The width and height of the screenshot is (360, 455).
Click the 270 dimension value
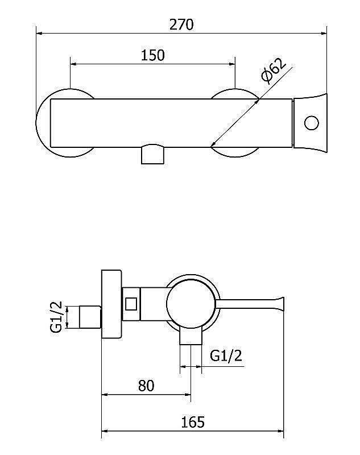pos(181,24)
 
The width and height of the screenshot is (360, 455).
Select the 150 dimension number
pos(152,55)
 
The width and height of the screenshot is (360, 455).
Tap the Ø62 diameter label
pos(273,71)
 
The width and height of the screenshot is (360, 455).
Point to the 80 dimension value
pos(146,386)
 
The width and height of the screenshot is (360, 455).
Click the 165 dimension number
pos(193,422)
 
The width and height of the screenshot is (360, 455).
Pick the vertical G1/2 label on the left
pos(56,317)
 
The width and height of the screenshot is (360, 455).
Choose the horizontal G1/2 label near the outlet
pos(226,355)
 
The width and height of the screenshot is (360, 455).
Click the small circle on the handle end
pos(312,123)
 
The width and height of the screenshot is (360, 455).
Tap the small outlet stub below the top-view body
pos(152,154)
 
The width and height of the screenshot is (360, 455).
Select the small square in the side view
pos(131,304)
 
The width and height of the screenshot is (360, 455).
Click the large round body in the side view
pos(191,304)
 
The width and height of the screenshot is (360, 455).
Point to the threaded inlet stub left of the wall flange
pos(90,317)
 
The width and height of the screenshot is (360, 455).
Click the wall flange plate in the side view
pos(111,304)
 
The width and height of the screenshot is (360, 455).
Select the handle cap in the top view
pos(311,123)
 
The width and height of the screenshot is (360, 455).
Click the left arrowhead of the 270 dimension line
pos(39,34)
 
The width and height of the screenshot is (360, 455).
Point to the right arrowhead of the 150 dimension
pos(232,64)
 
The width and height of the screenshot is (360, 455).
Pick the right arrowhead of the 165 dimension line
pos(280,431)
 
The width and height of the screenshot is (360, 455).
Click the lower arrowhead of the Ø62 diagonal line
pos(213,144)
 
